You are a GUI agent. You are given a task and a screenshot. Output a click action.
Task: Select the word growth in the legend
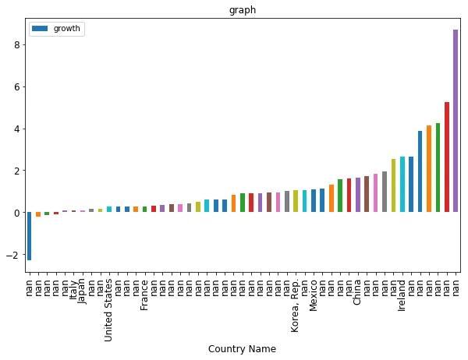click(x=69, y=29)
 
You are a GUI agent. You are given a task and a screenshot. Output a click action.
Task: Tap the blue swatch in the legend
click(x=40, y=29)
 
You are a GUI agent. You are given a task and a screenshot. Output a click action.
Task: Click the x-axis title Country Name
click(x=242, y=349)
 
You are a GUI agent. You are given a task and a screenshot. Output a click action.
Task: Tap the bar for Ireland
click(x=402, y=185)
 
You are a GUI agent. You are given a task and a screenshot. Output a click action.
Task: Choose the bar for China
click(x=358, y=196)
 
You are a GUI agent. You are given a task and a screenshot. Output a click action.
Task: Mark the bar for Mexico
click(x=314, y=201)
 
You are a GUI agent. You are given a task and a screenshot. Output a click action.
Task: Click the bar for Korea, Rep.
click(x=296, y=202)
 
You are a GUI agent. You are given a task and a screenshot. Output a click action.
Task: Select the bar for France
click(x=145, y=210)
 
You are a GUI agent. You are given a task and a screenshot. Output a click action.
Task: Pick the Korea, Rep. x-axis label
click(x=296, y=305)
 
